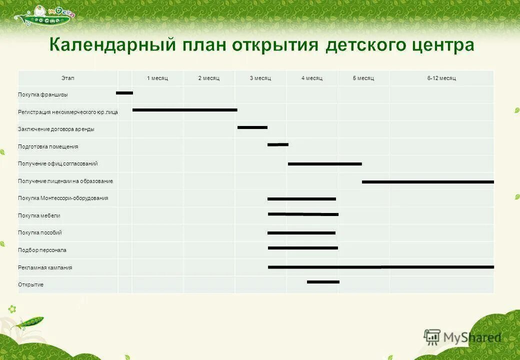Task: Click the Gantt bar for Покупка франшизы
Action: point(124,93)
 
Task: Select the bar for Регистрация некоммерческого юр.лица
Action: point(184,110)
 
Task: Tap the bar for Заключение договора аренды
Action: point(252,127)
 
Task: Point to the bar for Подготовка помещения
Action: point(278,144)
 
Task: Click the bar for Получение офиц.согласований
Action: point(324,163)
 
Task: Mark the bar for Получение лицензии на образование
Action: point(427,181)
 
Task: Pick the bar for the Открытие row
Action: point(323,282)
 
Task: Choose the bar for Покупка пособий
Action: point(301,233)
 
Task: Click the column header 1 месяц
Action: point(157,78)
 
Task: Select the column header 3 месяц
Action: point(260,78)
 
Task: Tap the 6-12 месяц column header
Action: point(441,78)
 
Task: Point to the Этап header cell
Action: point(67,78)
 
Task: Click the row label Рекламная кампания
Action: point(45,267)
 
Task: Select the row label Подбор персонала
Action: point(42,250)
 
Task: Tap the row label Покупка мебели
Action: point(39,215)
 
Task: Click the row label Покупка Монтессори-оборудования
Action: point(63,198)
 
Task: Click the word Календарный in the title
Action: point(112,45)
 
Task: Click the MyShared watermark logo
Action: point(462,337)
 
